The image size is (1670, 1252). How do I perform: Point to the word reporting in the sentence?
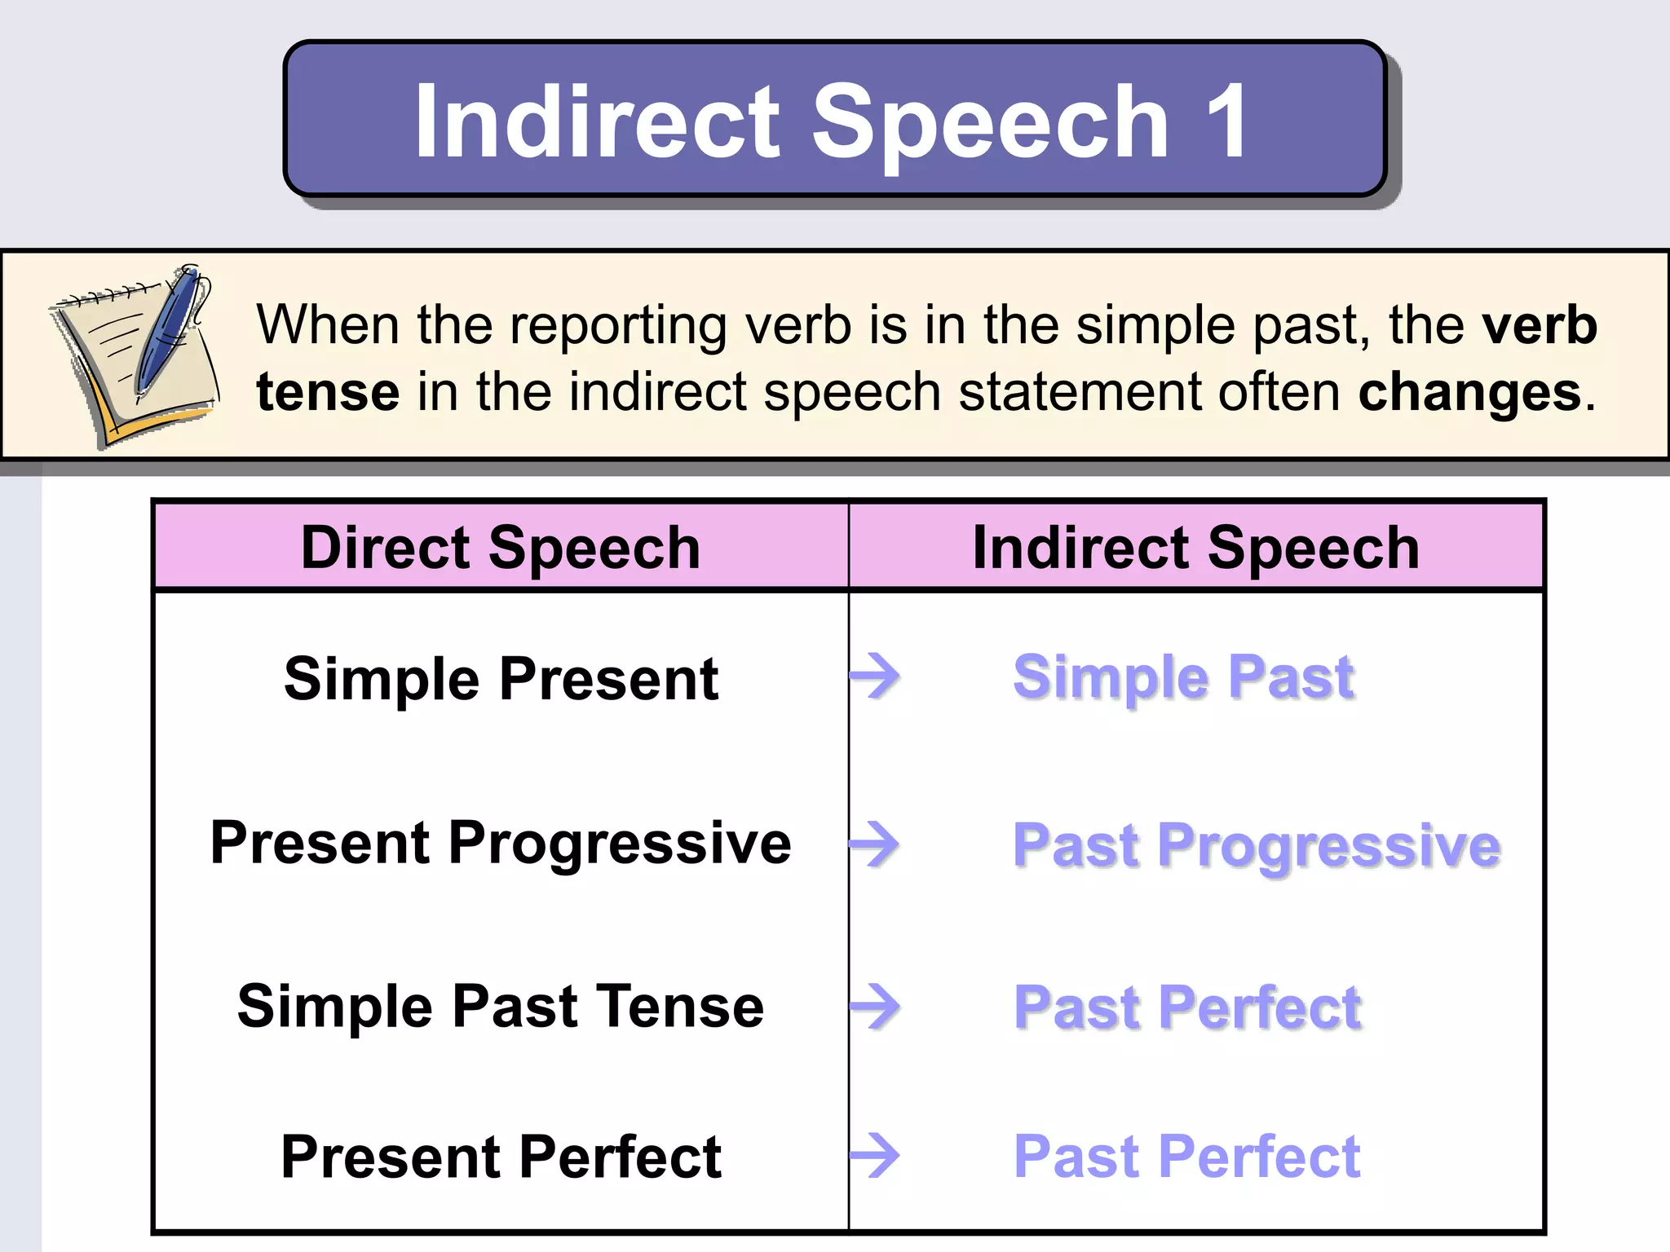(617, 325)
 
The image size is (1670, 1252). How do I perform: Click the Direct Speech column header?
(501, 547)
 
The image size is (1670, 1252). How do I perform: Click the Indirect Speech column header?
(1195, 547)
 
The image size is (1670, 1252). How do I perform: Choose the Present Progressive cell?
(501, 843)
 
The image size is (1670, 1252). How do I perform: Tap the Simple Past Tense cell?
(501, 1007)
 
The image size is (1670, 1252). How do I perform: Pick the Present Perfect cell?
(501, 1157)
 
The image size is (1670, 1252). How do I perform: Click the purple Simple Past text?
(1183, 677)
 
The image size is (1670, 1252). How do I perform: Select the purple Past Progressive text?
(1256, 845)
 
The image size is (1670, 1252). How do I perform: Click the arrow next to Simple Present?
(876, 676)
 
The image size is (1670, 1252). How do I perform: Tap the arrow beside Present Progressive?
(876, 844)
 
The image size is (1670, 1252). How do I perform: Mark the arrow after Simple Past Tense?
(876, 1007)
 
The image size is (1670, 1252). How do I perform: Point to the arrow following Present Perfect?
(876, 1156)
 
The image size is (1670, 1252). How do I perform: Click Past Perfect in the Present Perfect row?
(1186, 1157)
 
